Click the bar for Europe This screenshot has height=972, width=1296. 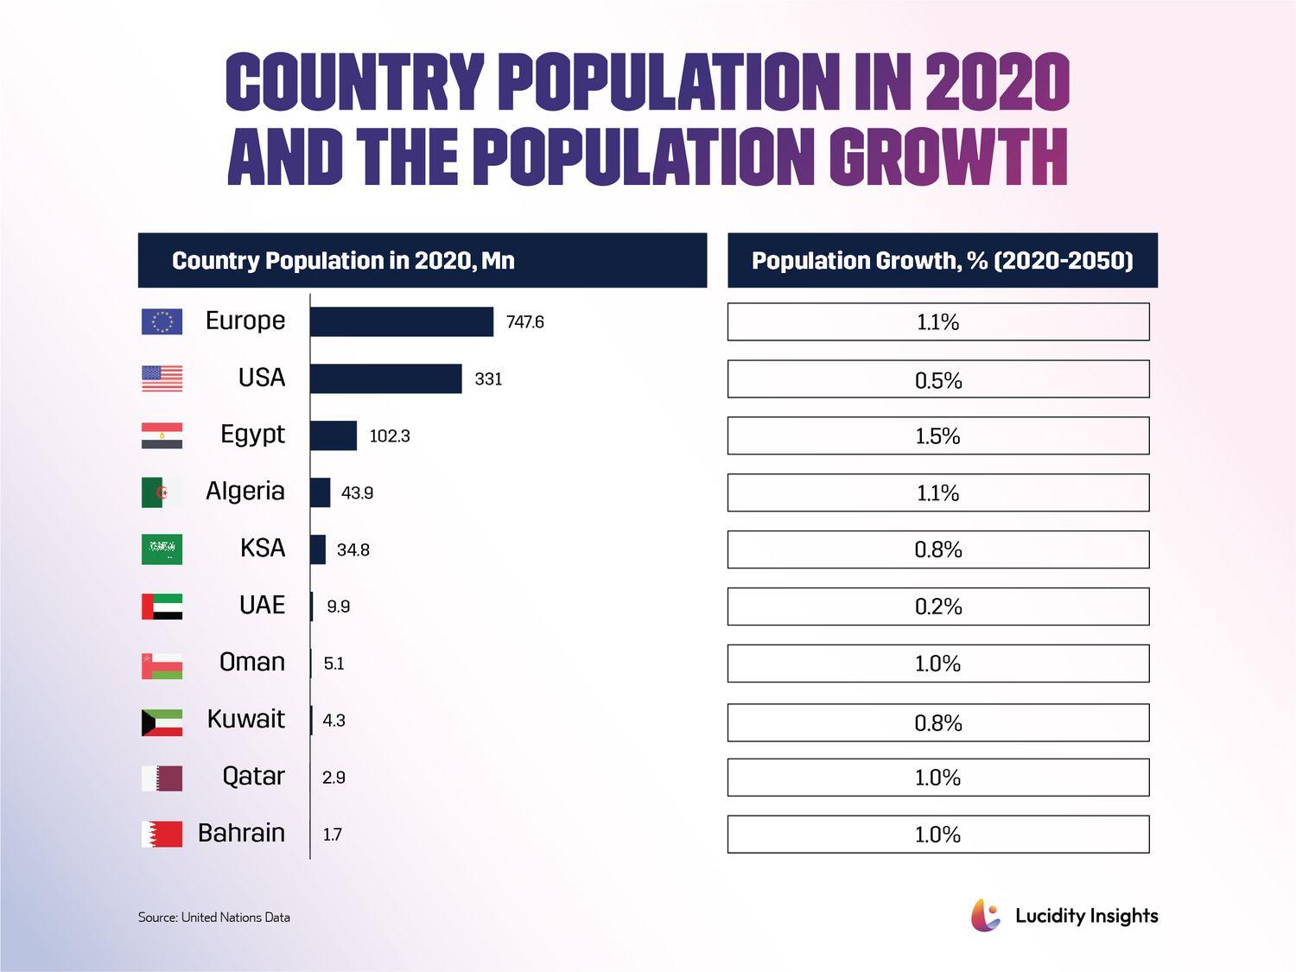click(x=402, y=321)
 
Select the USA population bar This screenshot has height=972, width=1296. click(x=386, y=378)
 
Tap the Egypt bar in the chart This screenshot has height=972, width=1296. click(x=334, y=435)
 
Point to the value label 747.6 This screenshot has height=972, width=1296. click(x=524, y=322)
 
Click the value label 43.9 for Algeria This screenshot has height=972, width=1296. click(x=357, y=493)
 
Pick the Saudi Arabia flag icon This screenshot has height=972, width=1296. click(x=162, y=550)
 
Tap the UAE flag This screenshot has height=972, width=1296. click(x=162, y=607)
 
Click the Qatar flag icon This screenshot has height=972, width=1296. click(x=162, y=778)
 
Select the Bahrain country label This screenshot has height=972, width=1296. click(x=241, y=833)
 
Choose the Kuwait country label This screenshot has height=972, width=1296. click(x=245, y=719)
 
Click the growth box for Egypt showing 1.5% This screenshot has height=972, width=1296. click(x=937, y=435)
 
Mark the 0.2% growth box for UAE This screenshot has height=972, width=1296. click(x=937, y=607)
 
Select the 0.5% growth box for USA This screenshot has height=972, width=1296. click(x=937, y=379)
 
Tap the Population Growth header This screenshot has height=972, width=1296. click(x=942, y=260)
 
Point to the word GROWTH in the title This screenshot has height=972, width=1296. click(x=948, y=157)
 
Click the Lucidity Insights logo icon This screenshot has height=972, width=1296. click(x=985, y=915)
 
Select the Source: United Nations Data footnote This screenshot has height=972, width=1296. click(x=214, y=917)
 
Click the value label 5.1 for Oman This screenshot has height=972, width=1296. click(x=334, y=664)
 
